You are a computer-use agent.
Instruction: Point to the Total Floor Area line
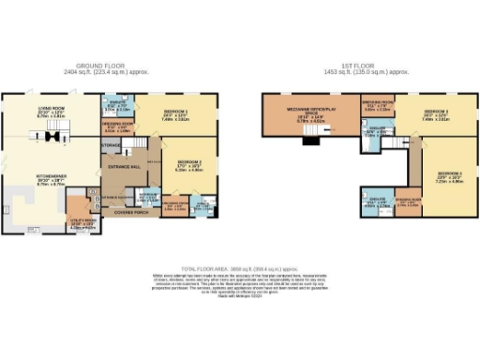[x=239, y=266]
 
